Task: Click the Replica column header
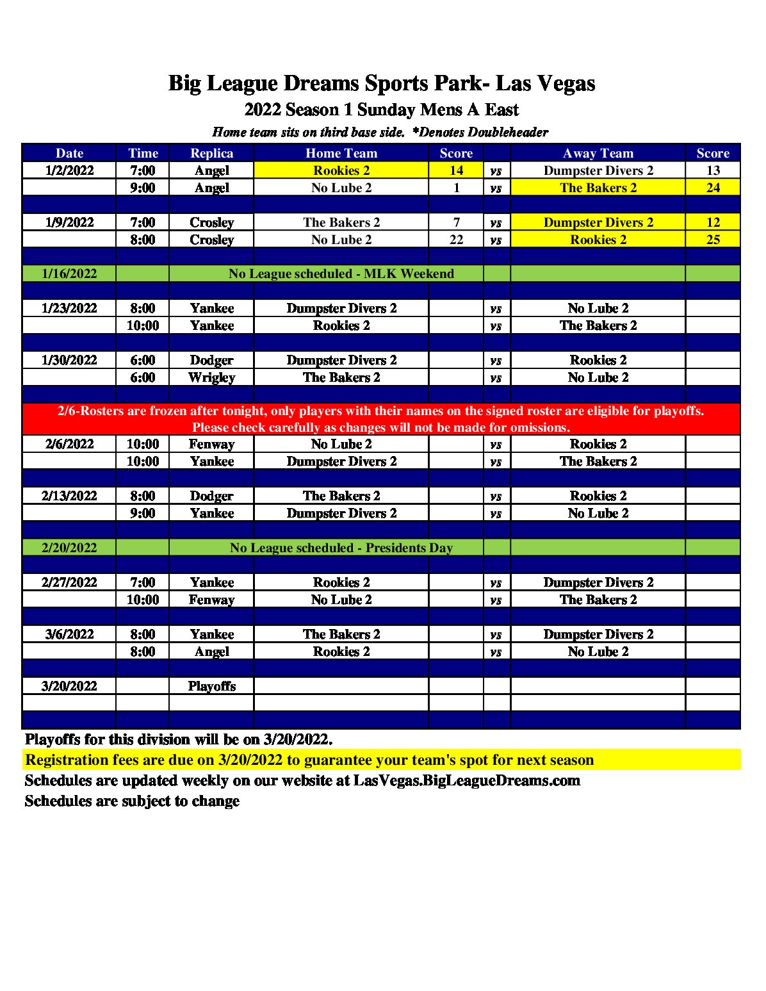(x=211, y=153)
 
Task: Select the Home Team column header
(x=341, y=153)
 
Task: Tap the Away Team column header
(x=598, y=153)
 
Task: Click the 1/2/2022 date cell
(x=69, y=170)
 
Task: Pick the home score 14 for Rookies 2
(x=456, y=170)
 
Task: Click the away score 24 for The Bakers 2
(x=713, y=188)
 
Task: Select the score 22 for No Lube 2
(x=456, y=240)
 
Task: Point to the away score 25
(x=713, y=240)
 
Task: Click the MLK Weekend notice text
(x=341, y=274)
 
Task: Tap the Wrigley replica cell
(x=211, y=377)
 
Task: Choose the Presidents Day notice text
(x=341, y=548)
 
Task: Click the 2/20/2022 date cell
(x=69, y=548)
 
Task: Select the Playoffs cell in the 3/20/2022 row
(x=211, y=686)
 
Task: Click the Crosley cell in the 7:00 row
(x=211, y=222)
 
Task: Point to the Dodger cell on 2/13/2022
(x=211, y=496)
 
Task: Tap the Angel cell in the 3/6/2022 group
(x=211, y=651)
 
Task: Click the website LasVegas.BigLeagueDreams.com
(x=466, y=780)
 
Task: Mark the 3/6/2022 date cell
(x=69, y=634)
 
